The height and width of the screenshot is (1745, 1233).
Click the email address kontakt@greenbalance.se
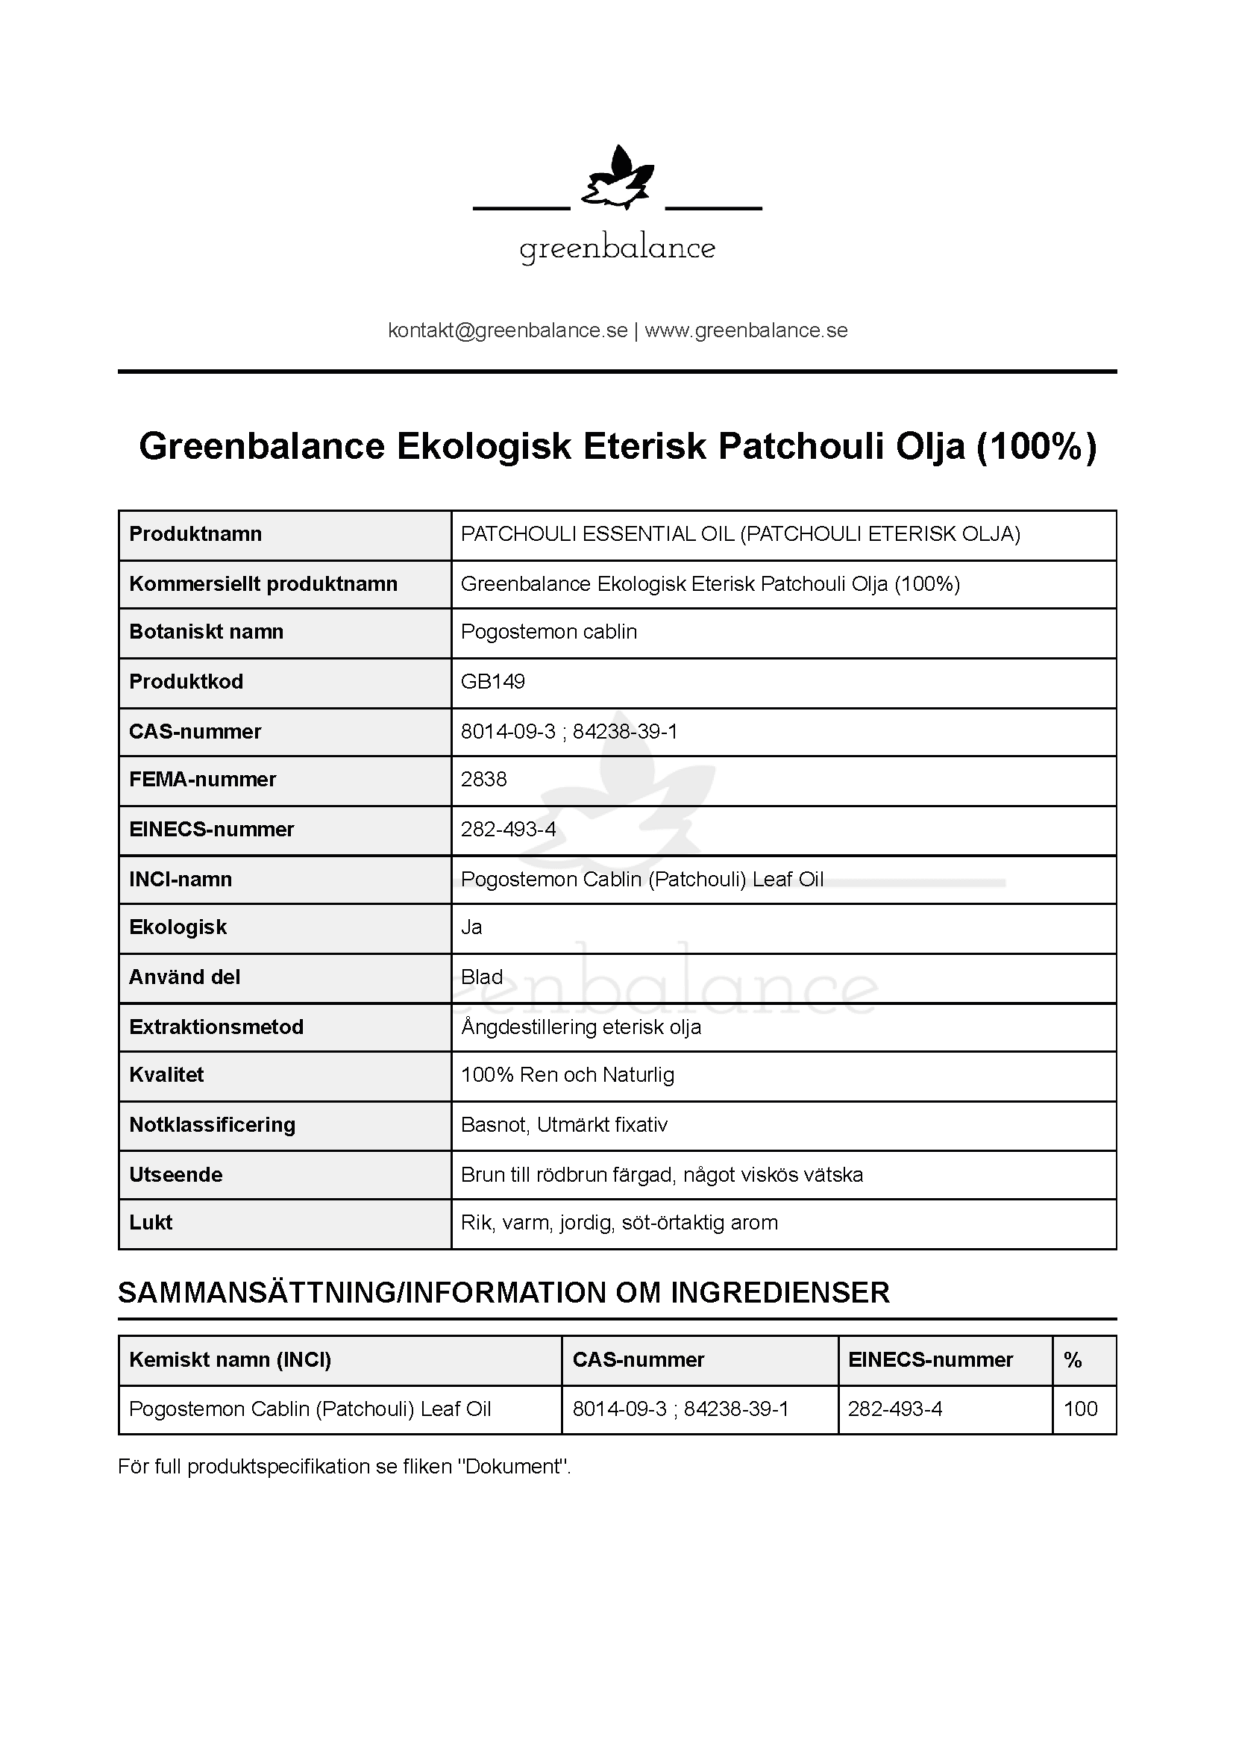tap(507, 330)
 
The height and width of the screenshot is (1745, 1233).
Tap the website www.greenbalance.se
tap(746, 330)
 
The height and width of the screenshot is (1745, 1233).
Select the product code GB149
tap(492, 681)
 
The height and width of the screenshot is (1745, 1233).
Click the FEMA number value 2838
tap(483, 779)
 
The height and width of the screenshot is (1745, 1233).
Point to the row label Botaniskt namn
tap(206, 632)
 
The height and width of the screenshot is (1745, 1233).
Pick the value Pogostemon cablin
tap(548, 632)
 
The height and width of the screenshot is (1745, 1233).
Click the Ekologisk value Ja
tap(471, 927)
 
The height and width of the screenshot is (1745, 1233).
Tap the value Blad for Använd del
tap(482, 977)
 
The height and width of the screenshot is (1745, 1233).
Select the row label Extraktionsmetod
tap(216, 1027)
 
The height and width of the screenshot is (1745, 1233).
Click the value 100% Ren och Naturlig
tap(568, 1074)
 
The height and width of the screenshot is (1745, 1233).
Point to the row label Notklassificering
tap(212, 1125)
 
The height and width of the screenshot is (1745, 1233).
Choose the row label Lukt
tap(151, 1223)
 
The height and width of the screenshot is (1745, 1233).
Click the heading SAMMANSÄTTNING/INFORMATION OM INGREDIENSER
tap(503, 1293)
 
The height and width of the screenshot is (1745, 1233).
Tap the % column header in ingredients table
tap(1073, 1360)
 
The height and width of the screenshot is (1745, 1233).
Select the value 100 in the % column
tap(1080, 1409)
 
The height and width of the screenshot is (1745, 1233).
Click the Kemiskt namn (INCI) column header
tap(230, 1360)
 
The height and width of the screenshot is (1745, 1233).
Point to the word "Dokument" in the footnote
tap(512, 1467)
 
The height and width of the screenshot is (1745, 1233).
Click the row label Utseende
tap(175, 1175)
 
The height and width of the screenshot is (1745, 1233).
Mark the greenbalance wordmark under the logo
tap(617, 249)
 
